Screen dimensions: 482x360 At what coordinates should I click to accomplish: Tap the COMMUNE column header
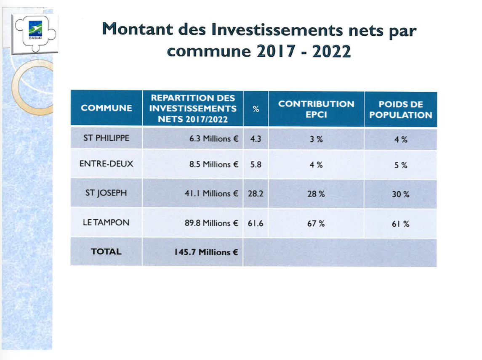pos(107,108)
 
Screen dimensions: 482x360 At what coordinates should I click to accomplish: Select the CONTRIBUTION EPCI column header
pos(316,109)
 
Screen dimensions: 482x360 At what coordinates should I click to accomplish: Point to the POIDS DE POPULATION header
pos(400,110)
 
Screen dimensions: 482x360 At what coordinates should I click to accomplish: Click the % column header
pos(256,109)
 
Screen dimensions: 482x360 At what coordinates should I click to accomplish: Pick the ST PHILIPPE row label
pos(107,138)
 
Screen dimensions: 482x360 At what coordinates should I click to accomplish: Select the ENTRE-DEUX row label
pos(107,164)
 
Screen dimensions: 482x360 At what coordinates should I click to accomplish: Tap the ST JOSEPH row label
pos(106,193)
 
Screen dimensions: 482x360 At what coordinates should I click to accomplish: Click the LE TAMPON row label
pos(106,222)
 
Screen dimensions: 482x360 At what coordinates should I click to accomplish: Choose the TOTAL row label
pos(107,252)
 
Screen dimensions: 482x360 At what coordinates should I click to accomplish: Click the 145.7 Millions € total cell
pos(206,252)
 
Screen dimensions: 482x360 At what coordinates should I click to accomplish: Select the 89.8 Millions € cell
pos(211,223)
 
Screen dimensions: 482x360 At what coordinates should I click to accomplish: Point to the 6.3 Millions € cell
pos(214,138)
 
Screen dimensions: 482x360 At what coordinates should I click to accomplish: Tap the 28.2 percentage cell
pos(256,194)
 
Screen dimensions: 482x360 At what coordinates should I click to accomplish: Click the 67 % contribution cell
pos(316,224)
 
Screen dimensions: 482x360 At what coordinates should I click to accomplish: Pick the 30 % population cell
pos(400,194)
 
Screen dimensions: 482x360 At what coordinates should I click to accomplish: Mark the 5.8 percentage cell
pos(256,164)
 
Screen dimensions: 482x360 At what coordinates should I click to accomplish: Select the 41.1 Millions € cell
pos(211,193)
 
